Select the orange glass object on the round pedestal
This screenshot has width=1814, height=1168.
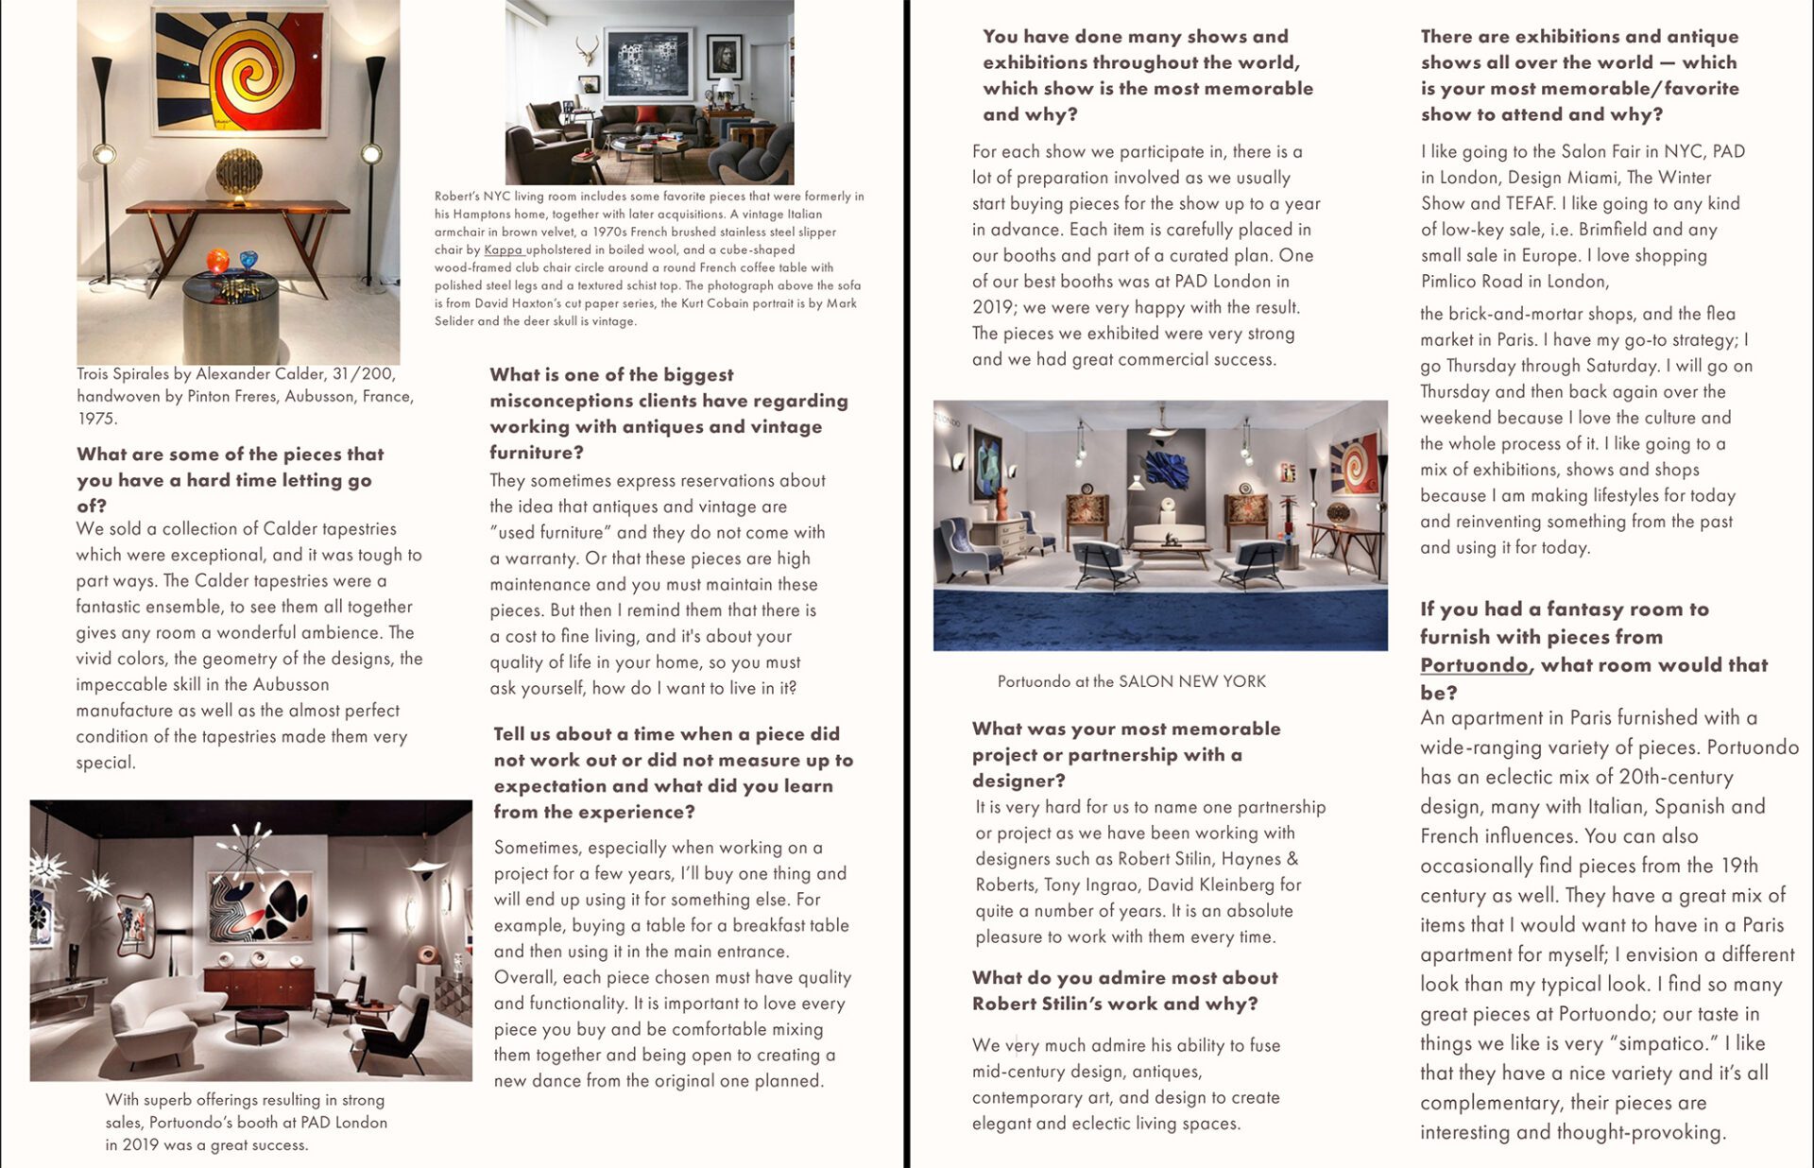(218, 260)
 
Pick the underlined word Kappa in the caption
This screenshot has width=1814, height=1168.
(503, 250)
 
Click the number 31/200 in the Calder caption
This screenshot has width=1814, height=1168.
(363, 374)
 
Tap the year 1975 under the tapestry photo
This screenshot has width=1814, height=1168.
(96, 419)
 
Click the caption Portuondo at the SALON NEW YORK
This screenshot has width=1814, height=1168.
(1131, 681)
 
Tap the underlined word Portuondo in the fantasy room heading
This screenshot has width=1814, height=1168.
(1473, 665)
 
